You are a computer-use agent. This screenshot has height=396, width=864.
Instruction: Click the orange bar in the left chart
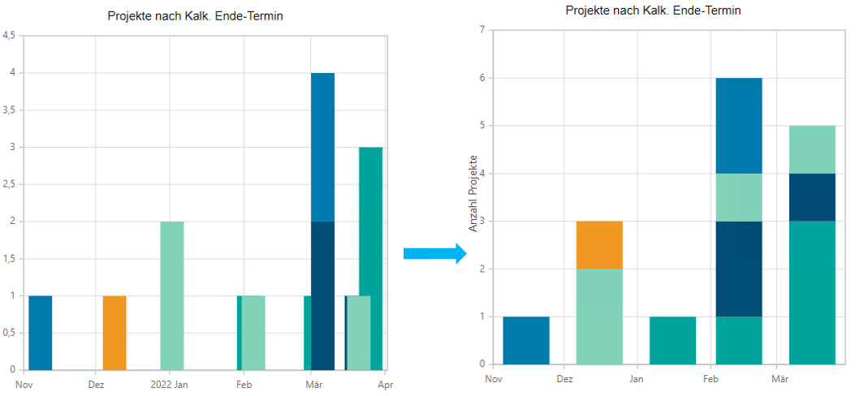[x=114, y=333]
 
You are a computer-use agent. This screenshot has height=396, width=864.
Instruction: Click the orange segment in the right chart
[x=599, y=244]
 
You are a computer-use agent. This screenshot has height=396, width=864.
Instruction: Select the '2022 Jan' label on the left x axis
[x=170, y=385]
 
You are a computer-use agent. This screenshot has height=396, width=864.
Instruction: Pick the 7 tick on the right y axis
[x=482, y=31]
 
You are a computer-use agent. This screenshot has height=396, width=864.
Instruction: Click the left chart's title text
[x=195, y=15]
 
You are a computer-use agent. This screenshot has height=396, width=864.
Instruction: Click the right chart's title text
[x=653, y=11]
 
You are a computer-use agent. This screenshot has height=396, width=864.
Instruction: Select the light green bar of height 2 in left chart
[x=171, y=295]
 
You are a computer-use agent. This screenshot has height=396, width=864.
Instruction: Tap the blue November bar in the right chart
[x=526, y=340]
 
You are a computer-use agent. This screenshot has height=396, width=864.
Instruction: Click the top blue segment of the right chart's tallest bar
[x=738, y=125]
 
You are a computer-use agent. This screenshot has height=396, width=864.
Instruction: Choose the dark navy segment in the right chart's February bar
[x=738, y=269]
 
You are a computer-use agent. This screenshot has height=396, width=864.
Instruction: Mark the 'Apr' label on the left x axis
[x=385, y=385]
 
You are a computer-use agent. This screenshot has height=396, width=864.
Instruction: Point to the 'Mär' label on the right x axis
[x=780, y=378]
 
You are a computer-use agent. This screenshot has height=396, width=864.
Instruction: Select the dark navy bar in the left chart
[x=322, y=295]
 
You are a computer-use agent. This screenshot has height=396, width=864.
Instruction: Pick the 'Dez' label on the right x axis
[x=564, y=378]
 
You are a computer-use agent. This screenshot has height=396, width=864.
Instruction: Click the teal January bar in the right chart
[x=672, y=340]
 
